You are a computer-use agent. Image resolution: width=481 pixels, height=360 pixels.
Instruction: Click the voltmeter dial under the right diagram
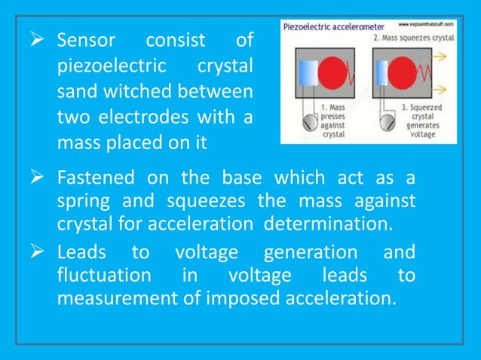(x=385, y=117)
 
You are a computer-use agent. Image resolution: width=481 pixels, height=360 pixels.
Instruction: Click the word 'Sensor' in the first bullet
(x=87, y=39)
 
